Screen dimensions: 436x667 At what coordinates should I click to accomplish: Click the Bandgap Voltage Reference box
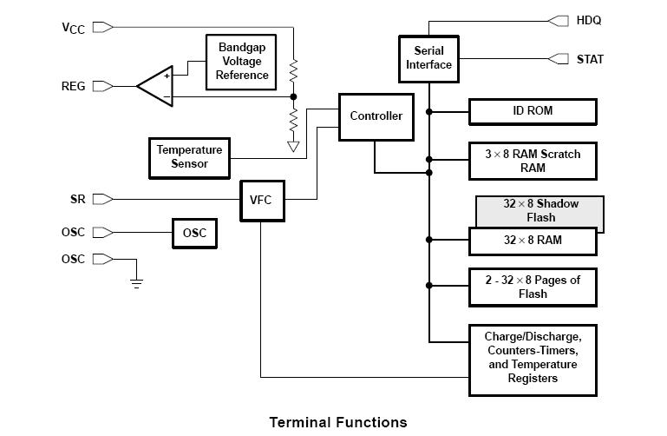[243, 62]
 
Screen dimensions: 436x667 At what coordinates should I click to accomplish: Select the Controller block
[376, 116]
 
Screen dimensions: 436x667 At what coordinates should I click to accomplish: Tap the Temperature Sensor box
[189, 157]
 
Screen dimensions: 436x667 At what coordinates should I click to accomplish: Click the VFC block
[261, 200]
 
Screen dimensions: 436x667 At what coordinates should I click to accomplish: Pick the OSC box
[193, 234]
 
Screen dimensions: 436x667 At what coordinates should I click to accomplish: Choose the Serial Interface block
[428, 57]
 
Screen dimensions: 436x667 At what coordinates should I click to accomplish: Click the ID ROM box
[533, 111]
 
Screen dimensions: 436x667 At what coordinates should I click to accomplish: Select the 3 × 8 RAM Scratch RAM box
[533, 161]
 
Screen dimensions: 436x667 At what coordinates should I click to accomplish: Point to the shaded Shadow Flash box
[539, 210]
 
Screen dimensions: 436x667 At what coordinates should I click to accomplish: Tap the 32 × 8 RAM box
[533, 241]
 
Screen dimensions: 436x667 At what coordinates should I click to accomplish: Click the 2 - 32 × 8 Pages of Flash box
[533, 287]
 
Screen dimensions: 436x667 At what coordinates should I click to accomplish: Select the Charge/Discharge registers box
[533, 357]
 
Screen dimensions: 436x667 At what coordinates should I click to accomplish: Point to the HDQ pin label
[589, 20]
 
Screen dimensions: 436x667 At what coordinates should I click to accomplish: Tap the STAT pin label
[591, 59]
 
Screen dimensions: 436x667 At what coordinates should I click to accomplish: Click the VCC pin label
[74, 28]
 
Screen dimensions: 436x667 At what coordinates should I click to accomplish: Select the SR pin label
[78, 200]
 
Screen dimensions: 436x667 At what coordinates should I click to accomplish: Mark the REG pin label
[74, 86]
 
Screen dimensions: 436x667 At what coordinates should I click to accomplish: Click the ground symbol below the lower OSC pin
[136, 281]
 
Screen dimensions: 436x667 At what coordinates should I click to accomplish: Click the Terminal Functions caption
[337, 423]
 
